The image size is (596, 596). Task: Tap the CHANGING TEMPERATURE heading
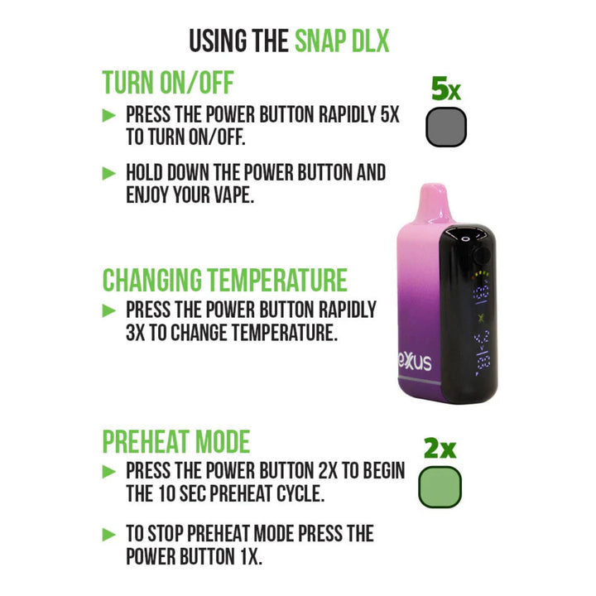click(x=224, y=280)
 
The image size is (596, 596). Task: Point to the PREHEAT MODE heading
click(x=176, y=441)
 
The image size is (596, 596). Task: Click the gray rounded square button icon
click(x=445, y=128)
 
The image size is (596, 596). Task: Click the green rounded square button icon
click(x=440, y=487)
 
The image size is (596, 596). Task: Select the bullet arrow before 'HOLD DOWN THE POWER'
click(x=108, y=173)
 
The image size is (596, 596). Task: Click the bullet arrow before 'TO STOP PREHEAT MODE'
click(x=108, y=533)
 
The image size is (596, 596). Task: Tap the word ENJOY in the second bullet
click(x=152, y=195)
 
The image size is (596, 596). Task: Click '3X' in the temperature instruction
click(x=138, y=333)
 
